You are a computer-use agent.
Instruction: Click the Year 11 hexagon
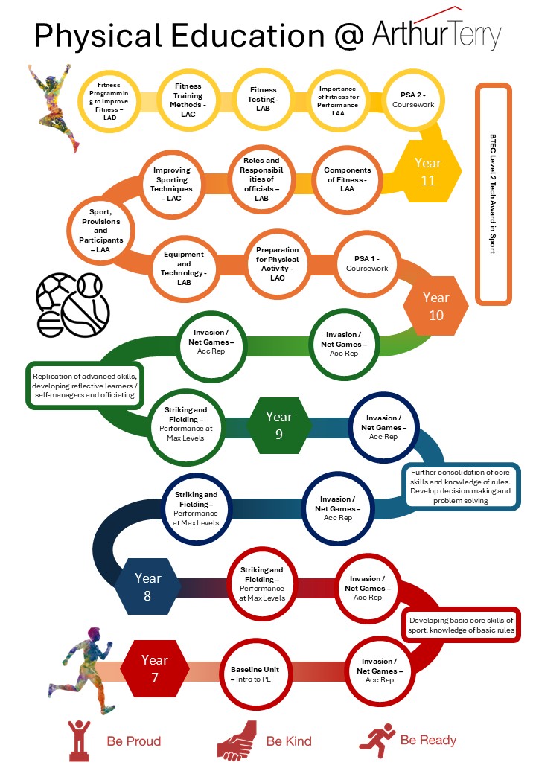(x=427, y=172)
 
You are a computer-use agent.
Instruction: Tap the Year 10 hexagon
(x=435, y=306)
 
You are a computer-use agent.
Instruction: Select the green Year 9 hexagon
(x=279, y=425)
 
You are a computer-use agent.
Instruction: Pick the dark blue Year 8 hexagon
(x=148, y=586)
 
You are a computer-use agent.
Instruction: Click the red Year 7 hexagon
(x=155, y=667)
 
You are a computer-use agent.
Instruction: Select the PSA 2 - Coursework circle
(x=412, y=100)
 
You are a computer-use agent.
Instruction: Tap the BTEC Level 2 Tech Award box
(x=493, y=194)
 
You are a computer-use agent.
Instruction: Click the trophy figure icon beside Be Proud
(x=79, y=738)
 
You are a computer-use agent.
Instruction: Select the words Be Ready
(x=428, y=740)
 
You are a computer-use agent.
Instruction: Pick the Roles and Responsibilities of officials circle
(x=261, y=179)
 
